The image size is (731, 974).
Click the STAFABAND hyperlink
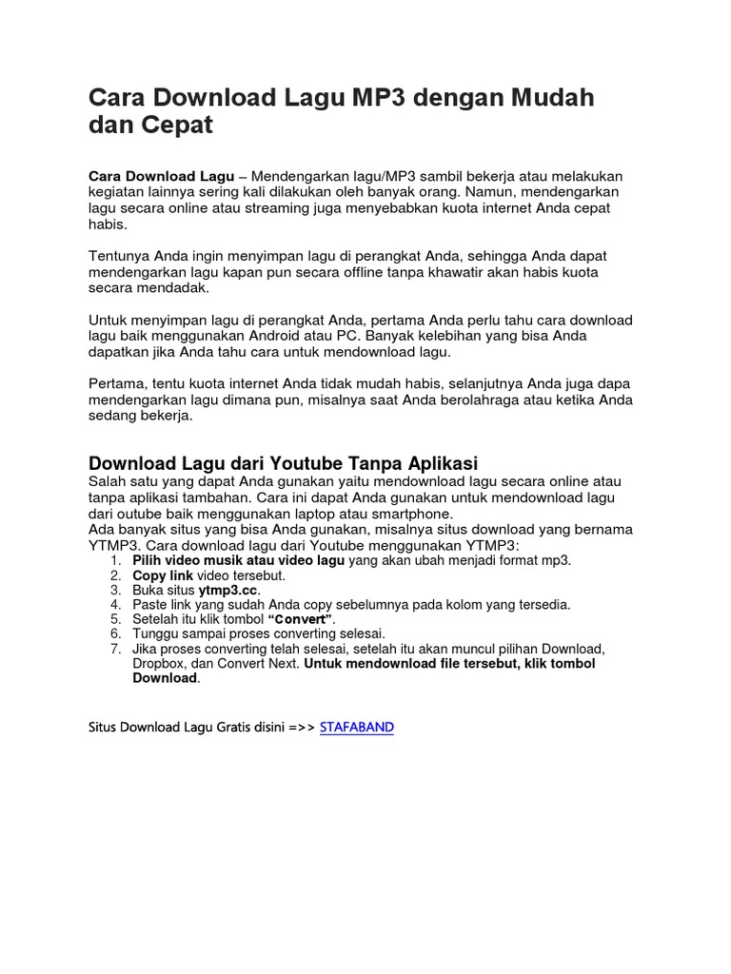click(357, 727)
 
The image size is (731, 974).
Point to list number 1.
click(115, 561)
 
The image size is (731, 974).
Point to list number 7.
click(115, 649)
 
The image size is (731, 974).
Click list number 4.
click(115, 604)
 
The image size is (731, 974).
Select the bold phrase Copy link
click(163, 575)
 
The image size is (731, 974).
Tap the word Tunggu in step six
click(154, 633)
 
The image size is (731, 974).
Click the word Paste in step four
click(149, 604)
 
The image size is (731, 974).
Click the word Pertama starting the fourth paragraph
click(117, 382)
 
